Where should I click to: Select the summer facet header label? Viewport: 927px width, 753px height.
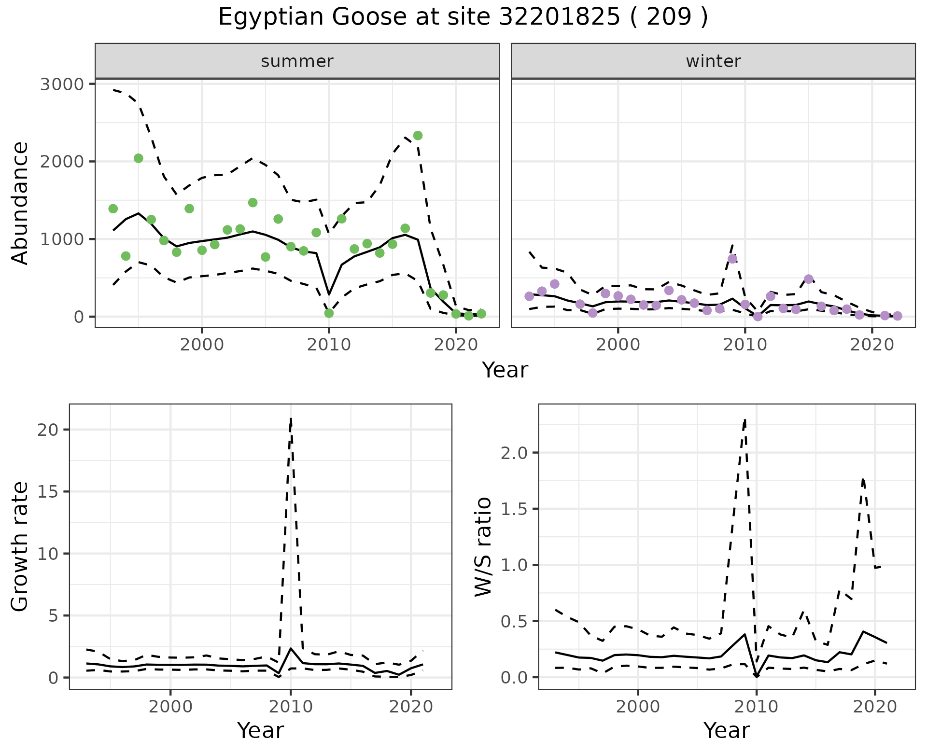[x=297, y=61]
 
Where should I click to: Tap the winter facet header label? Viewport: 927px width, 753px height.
[x=713, y=61]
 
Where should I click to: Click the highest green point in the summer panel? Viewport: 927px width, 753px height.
[x=418, y=136]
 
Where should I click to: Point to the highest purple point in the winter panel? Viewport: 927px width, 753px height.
[x=732, y=259]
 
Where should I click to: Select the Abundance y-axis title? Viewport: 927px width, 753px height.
[x=20, y=203]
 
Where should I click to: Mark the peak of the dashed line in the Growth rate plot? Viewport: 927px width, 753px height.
[x=291, y=418]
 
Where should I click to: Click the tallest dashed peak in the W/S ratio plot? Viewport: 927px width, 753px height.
[x=745, y=420]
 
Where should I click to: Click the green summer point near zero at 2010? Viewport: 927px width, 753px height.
[x=329, y=313]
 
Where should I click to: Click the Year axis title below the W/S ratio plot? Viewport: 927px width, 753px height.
[x=726, y=730]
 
